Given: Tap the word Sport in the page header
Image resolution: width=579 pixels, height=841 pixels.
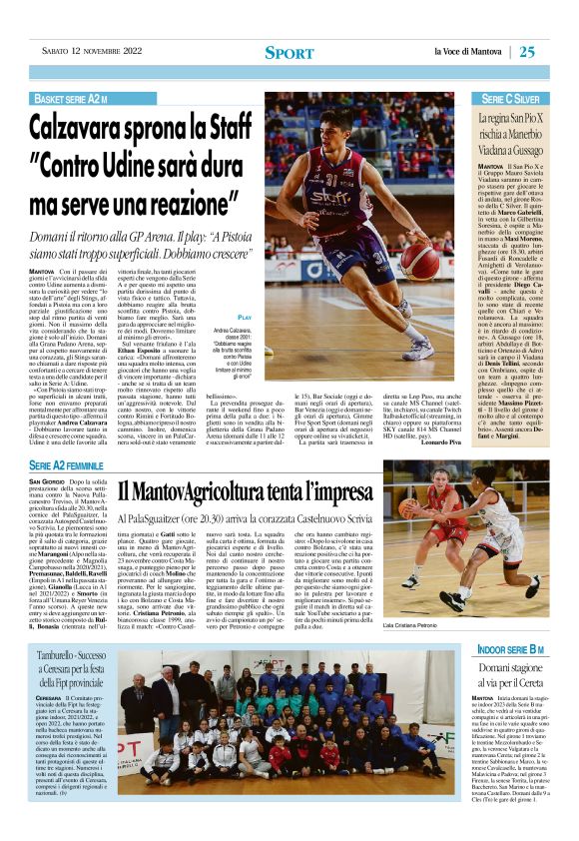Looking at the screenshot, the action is (289, 53).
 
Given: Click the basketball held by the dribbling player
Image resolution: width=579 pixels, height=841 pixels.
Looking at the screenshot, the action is (410, 279).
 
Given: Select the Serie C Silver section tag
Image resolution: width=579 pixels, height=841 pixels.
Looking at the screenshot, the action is (509, 100).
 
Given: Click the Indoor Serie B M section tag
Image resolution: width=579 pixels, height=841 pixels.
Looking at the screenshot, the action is (510, 650).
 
